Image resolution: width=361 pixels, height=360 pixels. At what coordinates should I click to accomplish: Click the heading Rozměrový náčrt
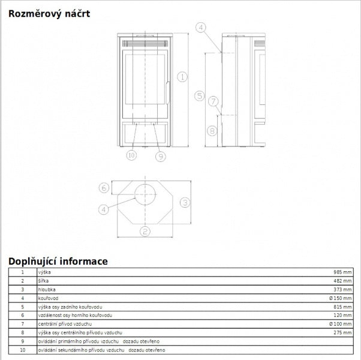(x=49, y=14)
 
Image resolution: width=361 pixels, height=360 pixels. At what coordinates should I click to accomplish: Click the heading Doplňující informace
(x=58, y=262)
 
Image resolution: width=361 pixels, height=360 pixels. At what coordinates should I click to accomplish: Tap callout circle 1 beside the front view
(x=182, y=77)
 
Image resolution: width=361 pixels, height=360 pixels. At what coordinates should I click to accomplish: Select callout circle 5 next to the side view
(x=199, y=95)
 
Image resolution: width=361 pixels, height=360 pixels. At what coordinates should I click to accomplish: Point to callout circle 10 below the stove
(x=131, y=155)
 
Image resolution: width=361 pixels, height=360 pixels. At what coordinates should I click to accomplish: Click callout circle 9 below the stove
(x=161, y=157)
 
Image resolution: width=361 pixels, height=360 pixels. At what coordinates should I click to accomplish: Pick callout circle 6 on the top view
(x=104, y=188)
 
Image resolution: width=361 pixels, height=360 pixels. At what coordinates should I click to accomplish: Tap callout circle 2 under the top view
(x=145, y=231)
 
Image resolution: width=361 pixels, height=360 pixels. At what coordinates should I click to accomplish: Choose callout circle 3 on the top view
(x=185, y=202)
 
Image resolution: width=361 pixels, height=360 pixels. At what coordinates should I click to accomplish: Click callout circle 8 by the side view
(x=212, y=131)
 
